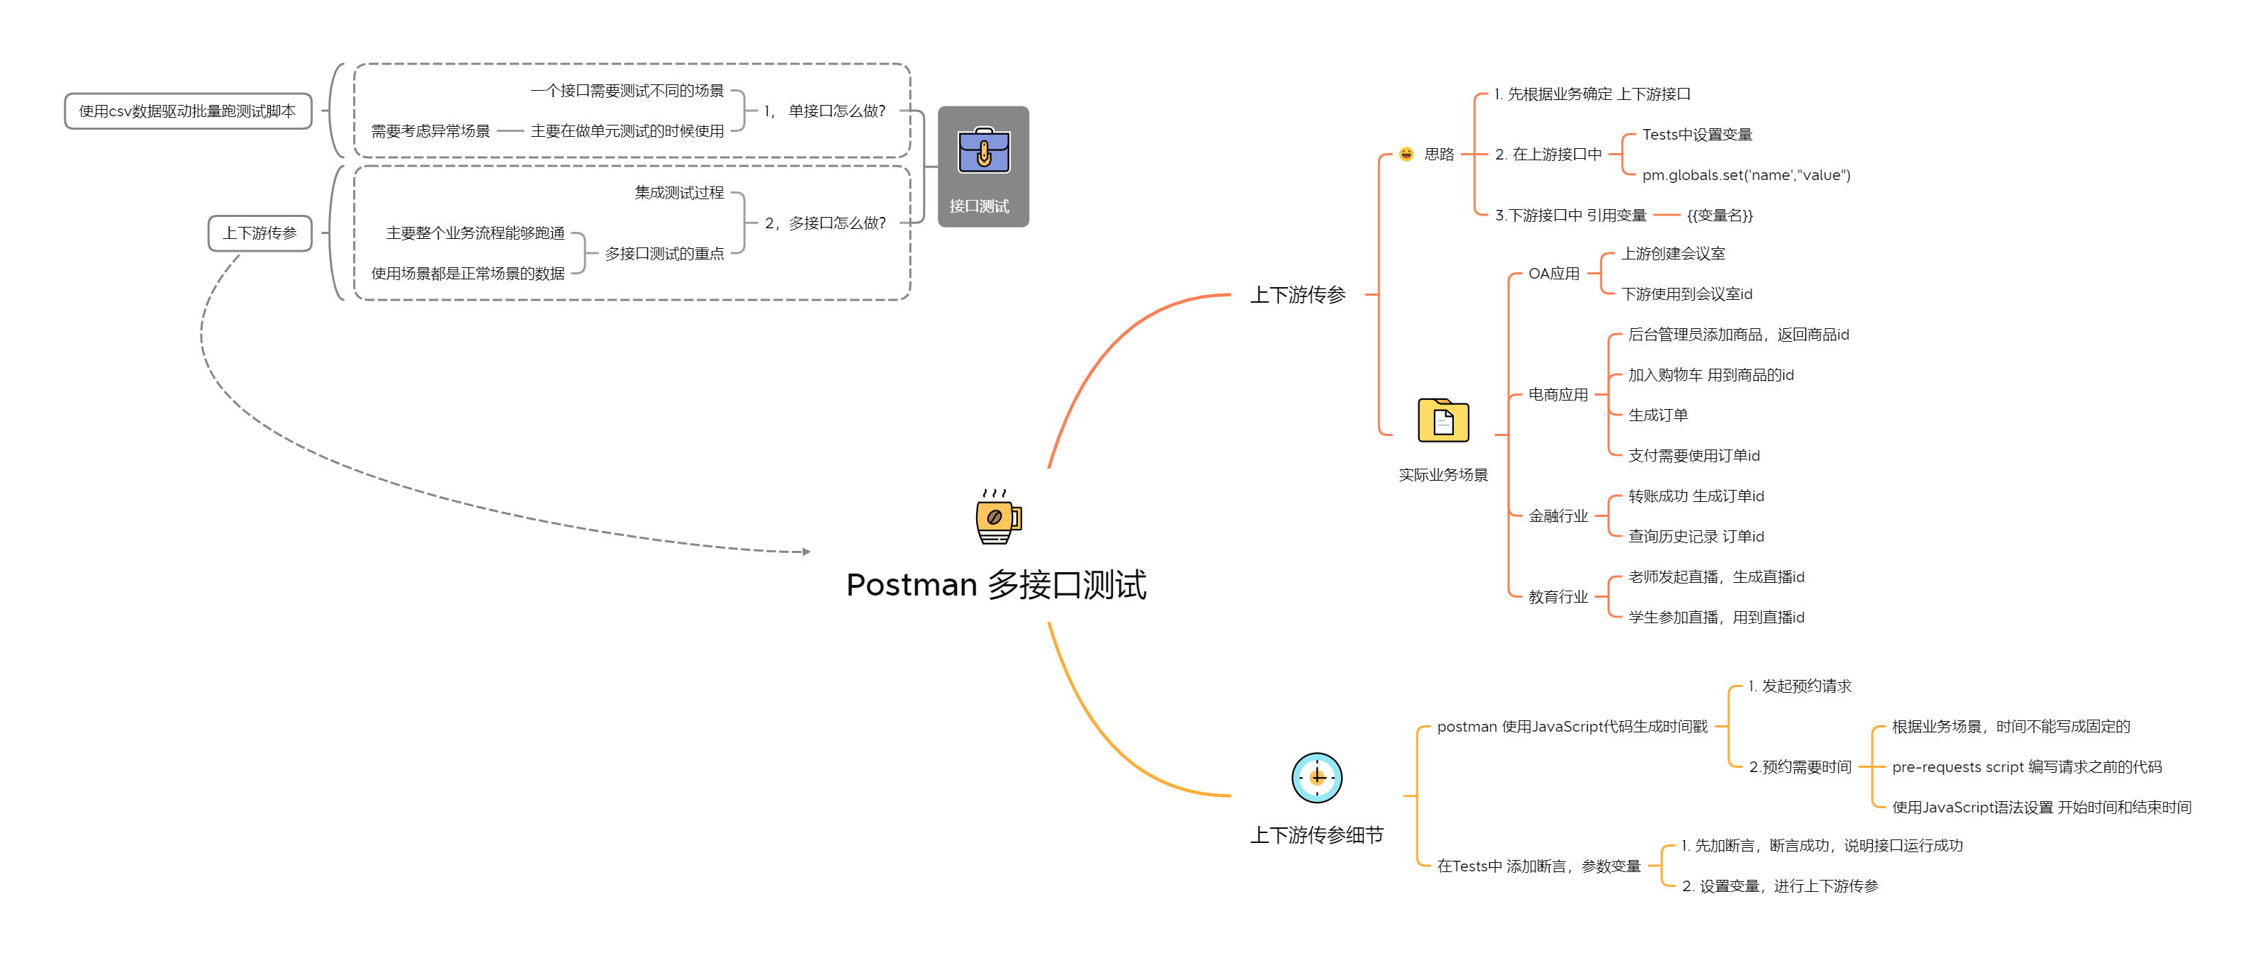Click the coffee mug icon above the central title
pos(997,517)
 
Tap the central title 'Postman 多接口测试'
pos(996,584)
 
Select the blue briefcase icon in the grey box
pos(983,150)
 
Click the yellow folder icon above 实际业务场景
pos(1442,420)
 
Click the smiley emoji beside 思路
pos(1406,154)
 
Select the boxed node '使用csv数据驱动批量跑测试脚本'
pos(188,111)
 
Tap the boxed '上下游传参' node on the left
pos(259,233)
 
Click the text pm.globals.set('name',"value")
pos(1746,175)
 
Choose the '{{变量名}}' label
pos(1720,215)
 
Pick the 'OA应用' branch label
pos(1554,274)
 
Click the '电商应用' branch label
pos(1558,394)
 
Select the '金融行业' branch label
pos(1558,516)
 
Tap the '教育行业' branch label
pos(1558,596)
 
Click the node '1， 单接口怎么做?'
pos(824,111)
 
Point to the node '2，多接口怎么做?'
pos(825,223)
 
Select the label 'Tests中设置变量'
pos(1697,134)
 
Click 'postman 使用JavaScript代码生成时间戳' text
pos(1572,727)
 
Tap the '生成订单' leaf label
pos(1657,415)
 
